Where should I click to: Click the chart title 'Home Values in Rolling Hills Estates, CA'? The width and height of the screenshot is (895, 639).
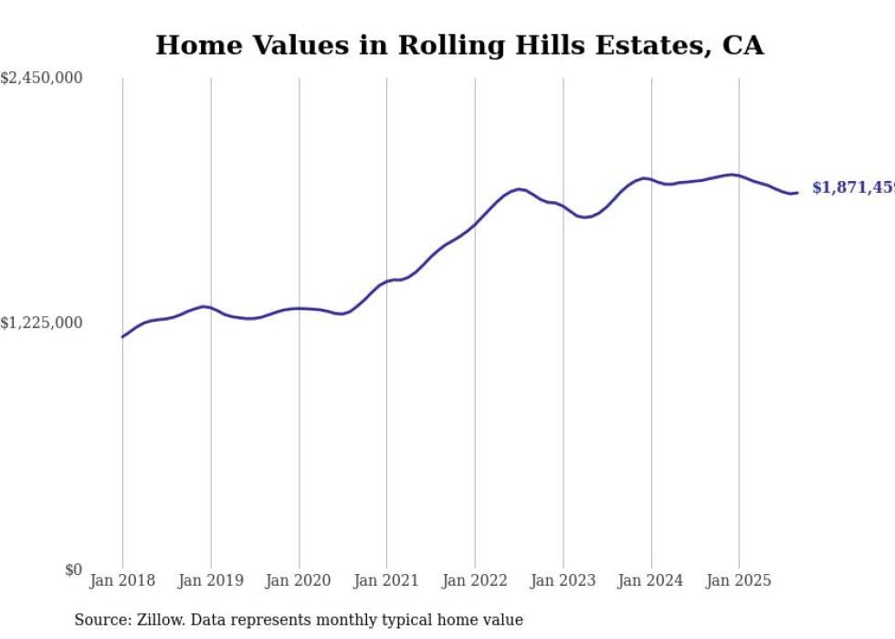pyautogui.click(x=459, y=46)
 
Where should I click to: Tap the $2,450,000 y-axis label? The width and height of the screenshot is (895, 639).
pyautogui.click(x=41, y=79)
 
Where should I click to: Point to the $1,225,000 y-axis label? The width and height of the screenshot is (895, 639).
pyautogui.click(x=41, y=323)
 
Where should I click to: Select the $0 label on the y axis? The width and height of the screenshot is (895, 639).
pyautogui.click(x=73, y=570)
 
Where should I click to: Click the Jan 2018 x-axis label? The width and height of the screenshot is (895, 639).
pyautogui.click(x=122, y=580)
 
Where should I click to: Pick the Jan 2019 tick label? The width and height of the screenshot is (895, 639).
pyautogui.click(x=211, y=580)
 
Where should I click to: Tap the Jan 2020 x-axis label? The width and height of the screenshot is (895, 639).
pyautogui.click(x=299, y=580)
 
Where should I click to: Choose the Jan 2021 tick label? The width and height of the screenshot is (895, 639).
pyautogui.click(x=386, y=580)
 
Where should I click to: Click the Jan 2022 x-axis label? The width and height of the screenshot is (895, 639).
pyautogui.click(x=475, y=580)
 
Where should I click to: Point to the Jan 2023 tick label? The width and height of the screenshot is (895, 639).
pyautogui.click(x=563, y=580)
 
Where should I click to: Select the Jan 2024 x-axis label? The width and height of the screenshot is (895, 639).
pyautogui.click(x=651, y=580)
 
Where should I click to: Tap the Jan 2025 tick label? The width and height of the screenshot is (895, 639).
pyautogui.click(x=739, y=580)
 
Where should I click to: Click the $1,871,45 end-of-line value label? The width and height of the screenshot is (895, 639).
pyautogui.click(x=853, y=187)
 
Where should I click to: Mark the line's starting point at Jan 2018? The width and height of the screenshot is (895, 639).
pyautogui.click(x=122, y=337)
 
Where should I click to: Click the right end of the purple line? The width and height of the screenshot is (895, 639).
pyautogui.click(x=797, y=192)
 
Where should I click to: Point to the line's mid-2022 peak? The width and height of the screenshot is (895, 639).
pyautogui.click(x=519, y=189)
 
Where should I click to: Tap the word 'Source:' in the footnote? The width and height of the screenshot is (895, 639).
pyautogui.click(x=100, y=620)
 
